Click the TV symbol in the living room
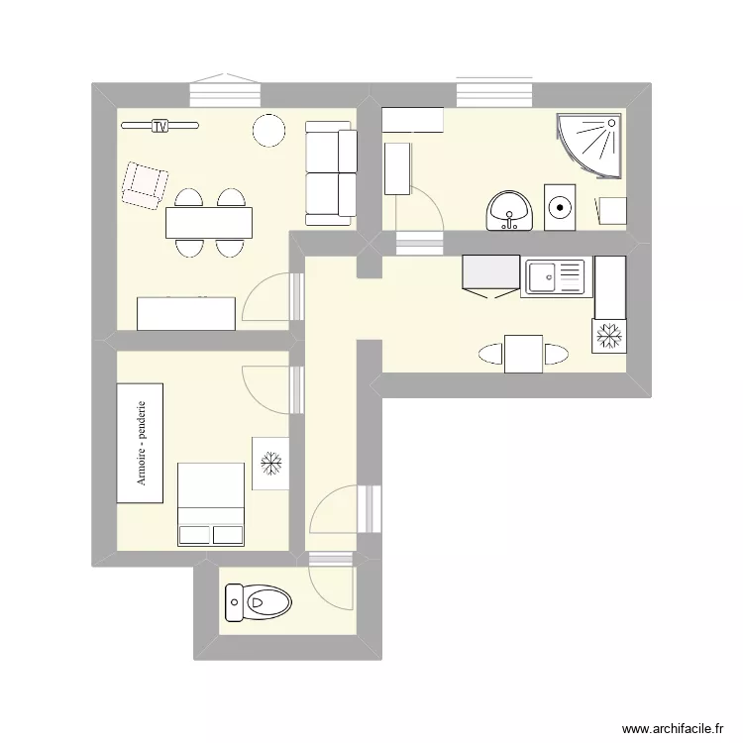coord(159,126)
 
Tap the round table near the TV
coord(268,130)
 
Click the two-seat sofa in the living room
coord(330,172)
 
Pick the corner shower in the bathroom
coord(592,144)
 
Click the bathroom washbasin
coord(509,210)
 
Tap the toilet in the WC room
coord(259,599)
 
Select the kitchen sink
coord(556,277)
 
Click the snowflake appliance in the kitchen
coord(608,336)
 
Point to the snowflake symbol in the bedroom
coord(269,462)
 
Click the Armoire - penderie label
coord(145,443)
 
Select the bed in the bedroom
coord(210,503)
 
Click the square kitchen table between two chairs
coord(523,354)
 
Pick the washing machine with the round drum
coord(561,207)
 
